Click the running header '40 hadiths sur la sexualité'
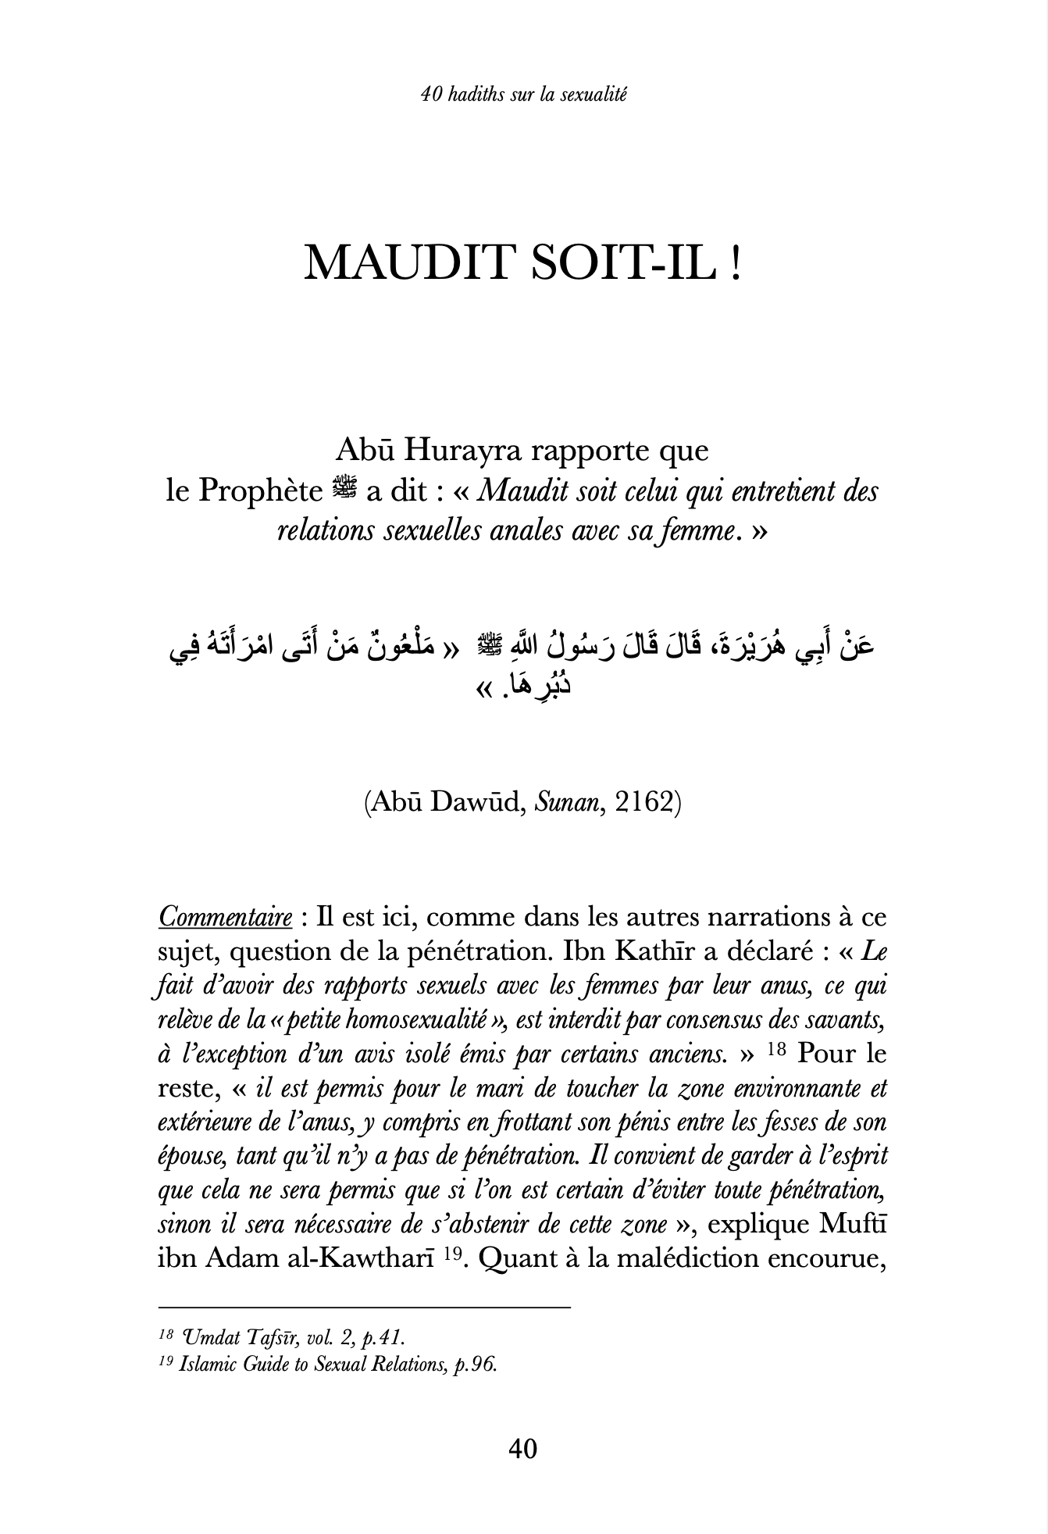(x=523, y=95)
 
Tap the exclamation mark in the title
(x=735, y=263)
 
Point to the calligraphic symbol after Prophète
(x=343, y=490)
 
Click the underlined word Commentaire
(x=225, y=918)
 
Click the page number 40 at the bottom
(x=522, y=1450)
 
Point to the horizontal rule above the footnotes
(x=364, y=1307)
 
